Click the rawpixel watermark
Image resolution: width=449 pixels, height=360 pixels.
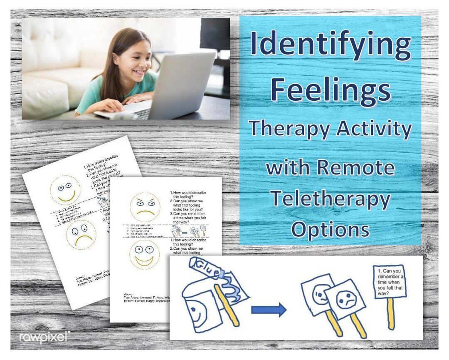[43, 338]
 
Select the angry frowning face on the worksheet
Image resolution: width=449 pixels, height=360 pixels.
[145, 206]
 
